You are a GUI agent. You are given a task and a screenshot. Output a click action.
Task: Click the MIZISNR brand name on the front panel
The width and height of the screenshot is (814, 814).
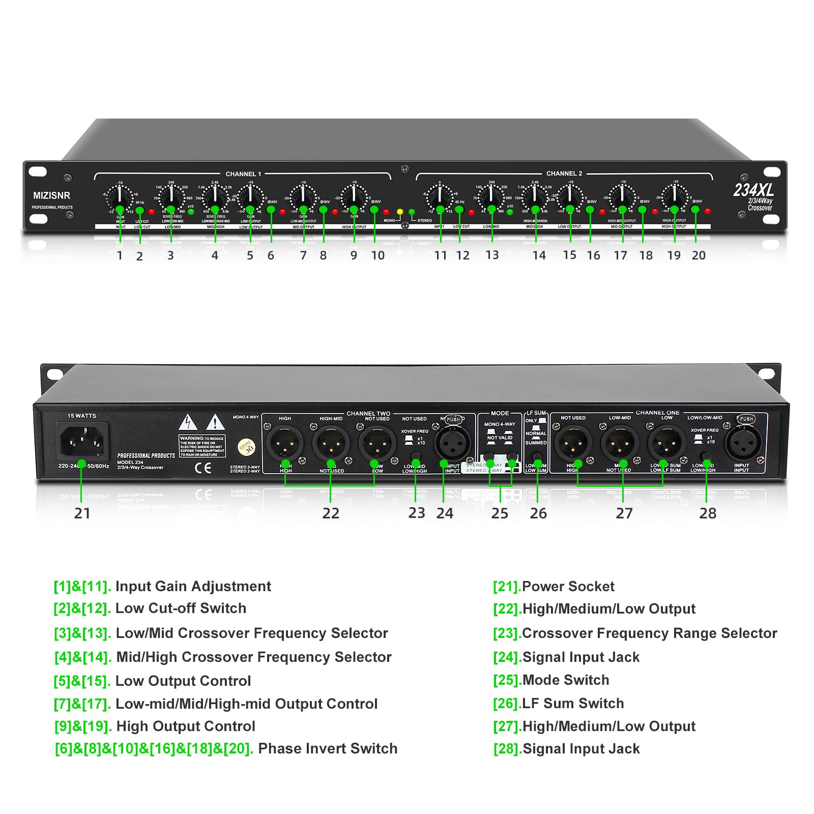pos(51,195)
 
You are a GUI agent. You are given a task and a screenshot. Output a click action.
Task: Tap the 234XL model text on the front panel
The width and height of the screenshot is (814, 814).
pos(753,190)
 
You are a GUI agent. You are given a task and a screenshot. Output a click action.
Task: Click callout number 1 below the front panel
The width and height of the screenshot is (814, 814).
pos(120,255)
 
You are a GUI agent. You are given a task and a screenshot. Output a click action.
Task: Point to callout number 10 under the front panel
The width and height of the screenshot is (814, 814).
pos(377,255)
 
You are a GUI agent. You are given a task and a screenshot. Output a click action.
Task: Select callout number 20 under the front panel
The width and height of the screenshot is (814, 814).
pos(699,255)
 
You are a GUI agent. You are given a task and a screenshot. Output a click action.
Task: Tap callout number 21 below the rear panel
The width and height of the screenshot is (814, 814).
pos(82,513)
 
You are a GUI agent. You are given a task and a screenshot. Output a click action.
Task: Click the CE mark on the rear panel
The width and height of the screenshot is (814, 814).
pos(203,468)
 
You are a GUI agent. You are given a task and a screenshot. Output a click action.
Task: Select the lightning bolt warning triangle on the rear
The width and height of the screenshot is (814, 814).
pos(188,422)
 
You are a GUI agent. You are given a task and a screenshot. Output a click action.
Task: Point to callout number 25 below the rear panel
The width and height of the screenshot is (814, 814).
pos(500,513)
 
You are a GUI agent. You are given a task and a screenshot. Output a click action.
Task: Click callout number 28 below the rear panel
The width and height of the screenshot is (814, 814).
pos(708,513)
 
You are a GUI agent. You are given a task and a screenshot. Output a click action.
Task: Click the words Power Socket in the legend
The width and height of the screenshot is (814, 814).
pos(568,587)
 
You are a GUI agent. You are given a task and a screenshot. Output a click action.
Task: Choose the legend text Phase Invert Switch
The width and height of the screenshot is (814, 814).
pos(328,748)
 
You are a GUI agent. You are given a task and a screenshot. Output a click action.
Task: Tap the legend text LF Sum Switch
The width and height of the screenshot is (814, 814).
pos(573,703)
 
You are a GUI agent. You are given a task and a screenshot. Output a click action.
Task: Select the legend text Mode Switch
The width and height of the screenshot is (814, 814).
pos(566,680)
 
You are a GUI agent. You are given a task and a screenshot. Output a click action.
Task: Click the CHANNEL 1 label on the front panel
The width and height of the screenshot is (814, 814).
pos(243,174)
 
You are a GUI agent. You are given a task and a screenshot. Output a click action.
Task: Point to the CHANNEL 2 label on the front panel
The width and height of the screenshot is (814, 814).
pos(564,173)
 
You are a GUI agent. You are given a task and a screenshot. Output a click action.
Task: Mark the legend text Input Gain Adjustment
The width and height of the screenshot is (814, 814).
pos(193,587)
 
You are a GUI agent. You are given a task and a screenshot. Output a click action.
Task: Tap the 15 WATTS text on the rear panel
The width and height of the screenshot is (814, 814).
pos(82,416)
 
